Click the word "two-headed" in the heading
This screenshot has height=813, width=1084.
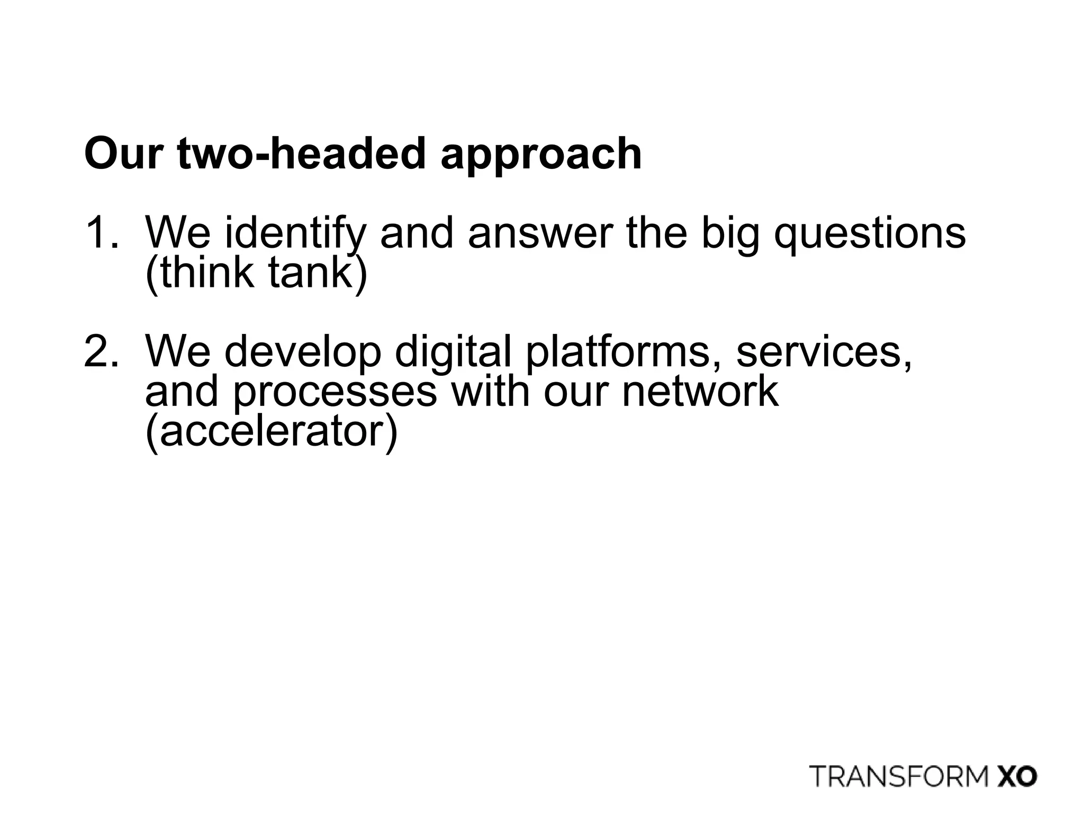point(302,153)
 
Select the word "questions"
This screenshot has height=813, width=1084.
point(870,234)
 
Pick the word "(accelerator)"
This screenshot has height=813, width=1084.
point(271,432)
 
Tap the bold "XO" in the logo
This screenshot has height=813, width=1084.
point(1017,776)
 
